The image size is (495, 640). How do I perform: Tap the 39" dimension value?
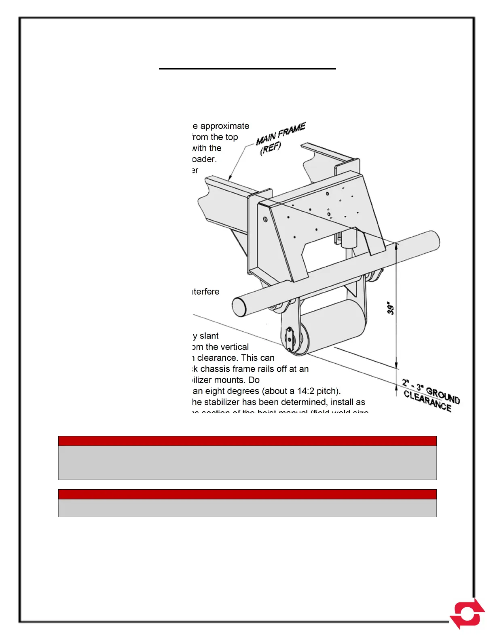(391, 308)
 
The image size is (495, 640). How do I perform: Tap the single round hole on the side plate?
(265, 219)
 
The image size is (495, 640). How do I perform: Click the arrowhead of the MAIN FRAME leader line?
(230, 178)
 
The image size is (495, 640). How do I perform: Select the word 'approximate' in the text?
(225, 126)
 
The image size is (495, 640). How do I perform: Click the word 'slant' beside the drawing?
(209, 336)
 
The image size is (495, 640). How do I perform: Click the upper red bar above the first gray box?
(247, 441)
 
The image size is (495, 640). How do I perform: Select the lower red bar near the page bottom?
(247, 494)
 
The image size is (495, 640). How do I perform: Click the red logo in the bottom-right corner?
(467, 613)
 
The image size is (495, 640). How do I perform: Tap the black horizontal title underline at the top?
(247, 69)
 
